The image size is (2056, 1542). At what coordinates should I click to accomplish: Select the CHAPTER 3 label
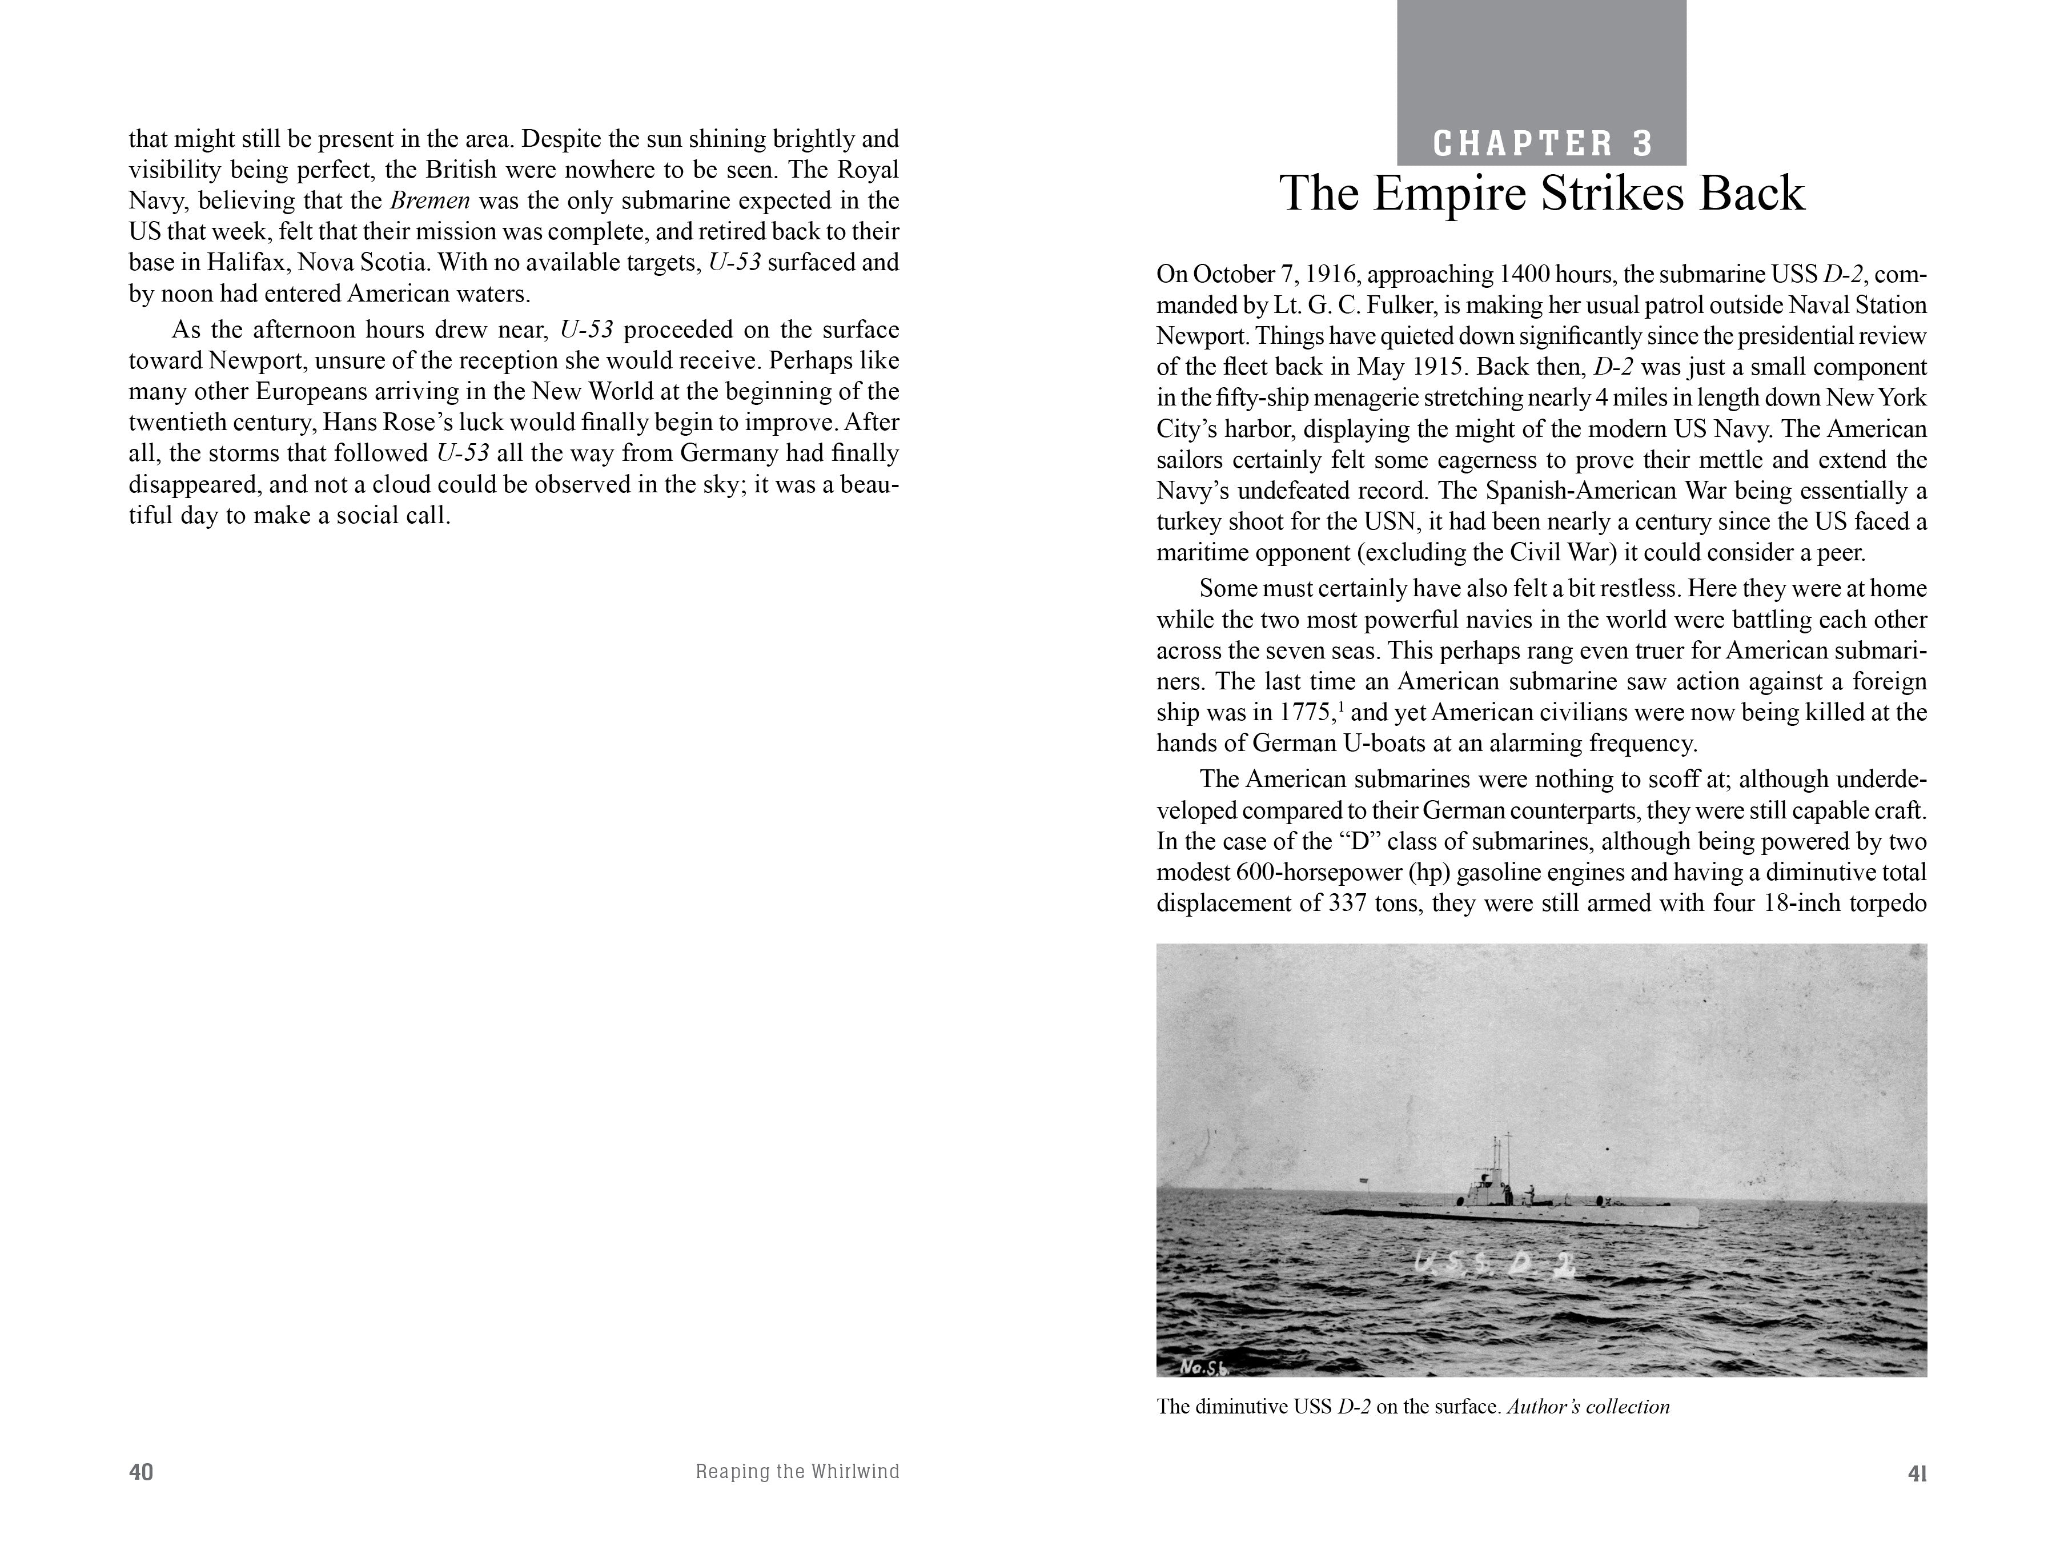pos(1543,143)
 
